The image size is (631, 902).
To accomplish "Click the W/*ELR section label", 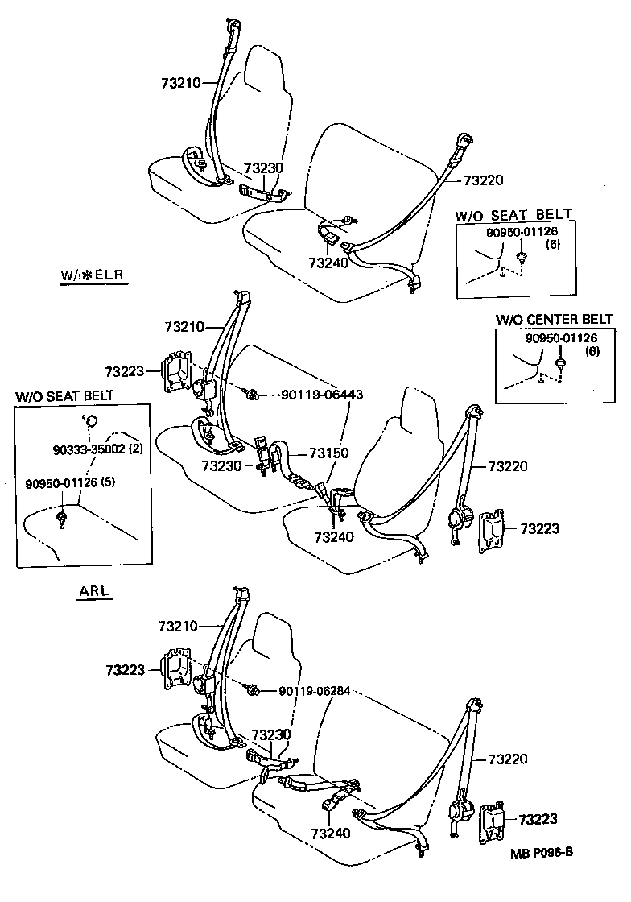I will [94, 276].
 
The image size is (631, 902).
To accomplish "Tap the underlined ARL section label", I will [94, 592].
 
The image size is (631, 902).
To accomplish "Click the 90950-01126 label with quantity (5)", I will [64, 483].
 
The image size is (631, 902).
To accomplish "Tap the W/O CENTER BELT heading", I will [555, 320].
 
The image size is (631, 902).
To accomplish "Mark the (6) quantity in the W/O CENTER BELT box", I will [592, 351].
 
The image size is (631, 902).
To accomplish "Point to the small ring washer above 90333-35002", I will [90, 420].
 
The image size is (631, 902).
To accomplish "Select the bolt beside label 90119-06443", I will [251, 394].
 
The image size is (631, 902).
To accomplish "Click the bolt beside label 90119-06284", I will [251, 690].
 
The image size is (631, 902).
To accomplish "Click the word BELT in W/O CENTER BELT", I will [596, 320].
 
